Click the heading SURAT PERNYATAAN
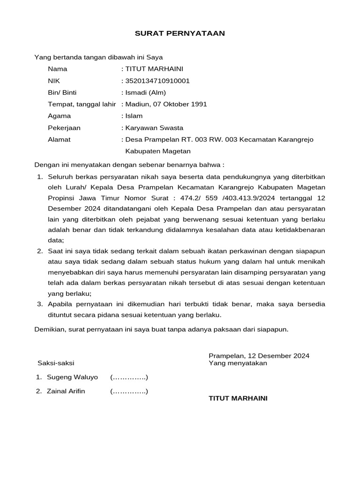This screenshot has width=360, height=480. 180,33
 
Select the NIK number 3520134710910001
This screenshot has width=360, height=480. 157,81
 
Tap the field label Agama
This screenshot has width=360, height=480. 59,116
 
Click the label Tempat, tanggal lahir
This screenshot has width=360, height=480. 82,104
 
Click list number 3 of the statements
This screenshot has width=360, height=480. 40,304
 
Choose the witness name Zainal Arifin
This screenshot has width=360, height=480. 66,391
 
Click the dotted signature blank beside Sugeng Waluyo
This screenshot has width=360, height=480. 129,377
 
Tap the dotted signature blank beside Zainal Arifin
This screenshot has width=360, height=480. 129,391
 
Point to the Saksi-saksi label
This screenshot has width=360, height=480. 55,363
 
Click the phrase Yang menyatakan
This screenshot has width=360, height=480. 238,363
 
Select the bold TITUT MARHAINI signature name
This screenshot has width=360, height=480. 238,398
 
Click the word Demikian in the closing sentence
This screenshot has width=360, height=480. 50,329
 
